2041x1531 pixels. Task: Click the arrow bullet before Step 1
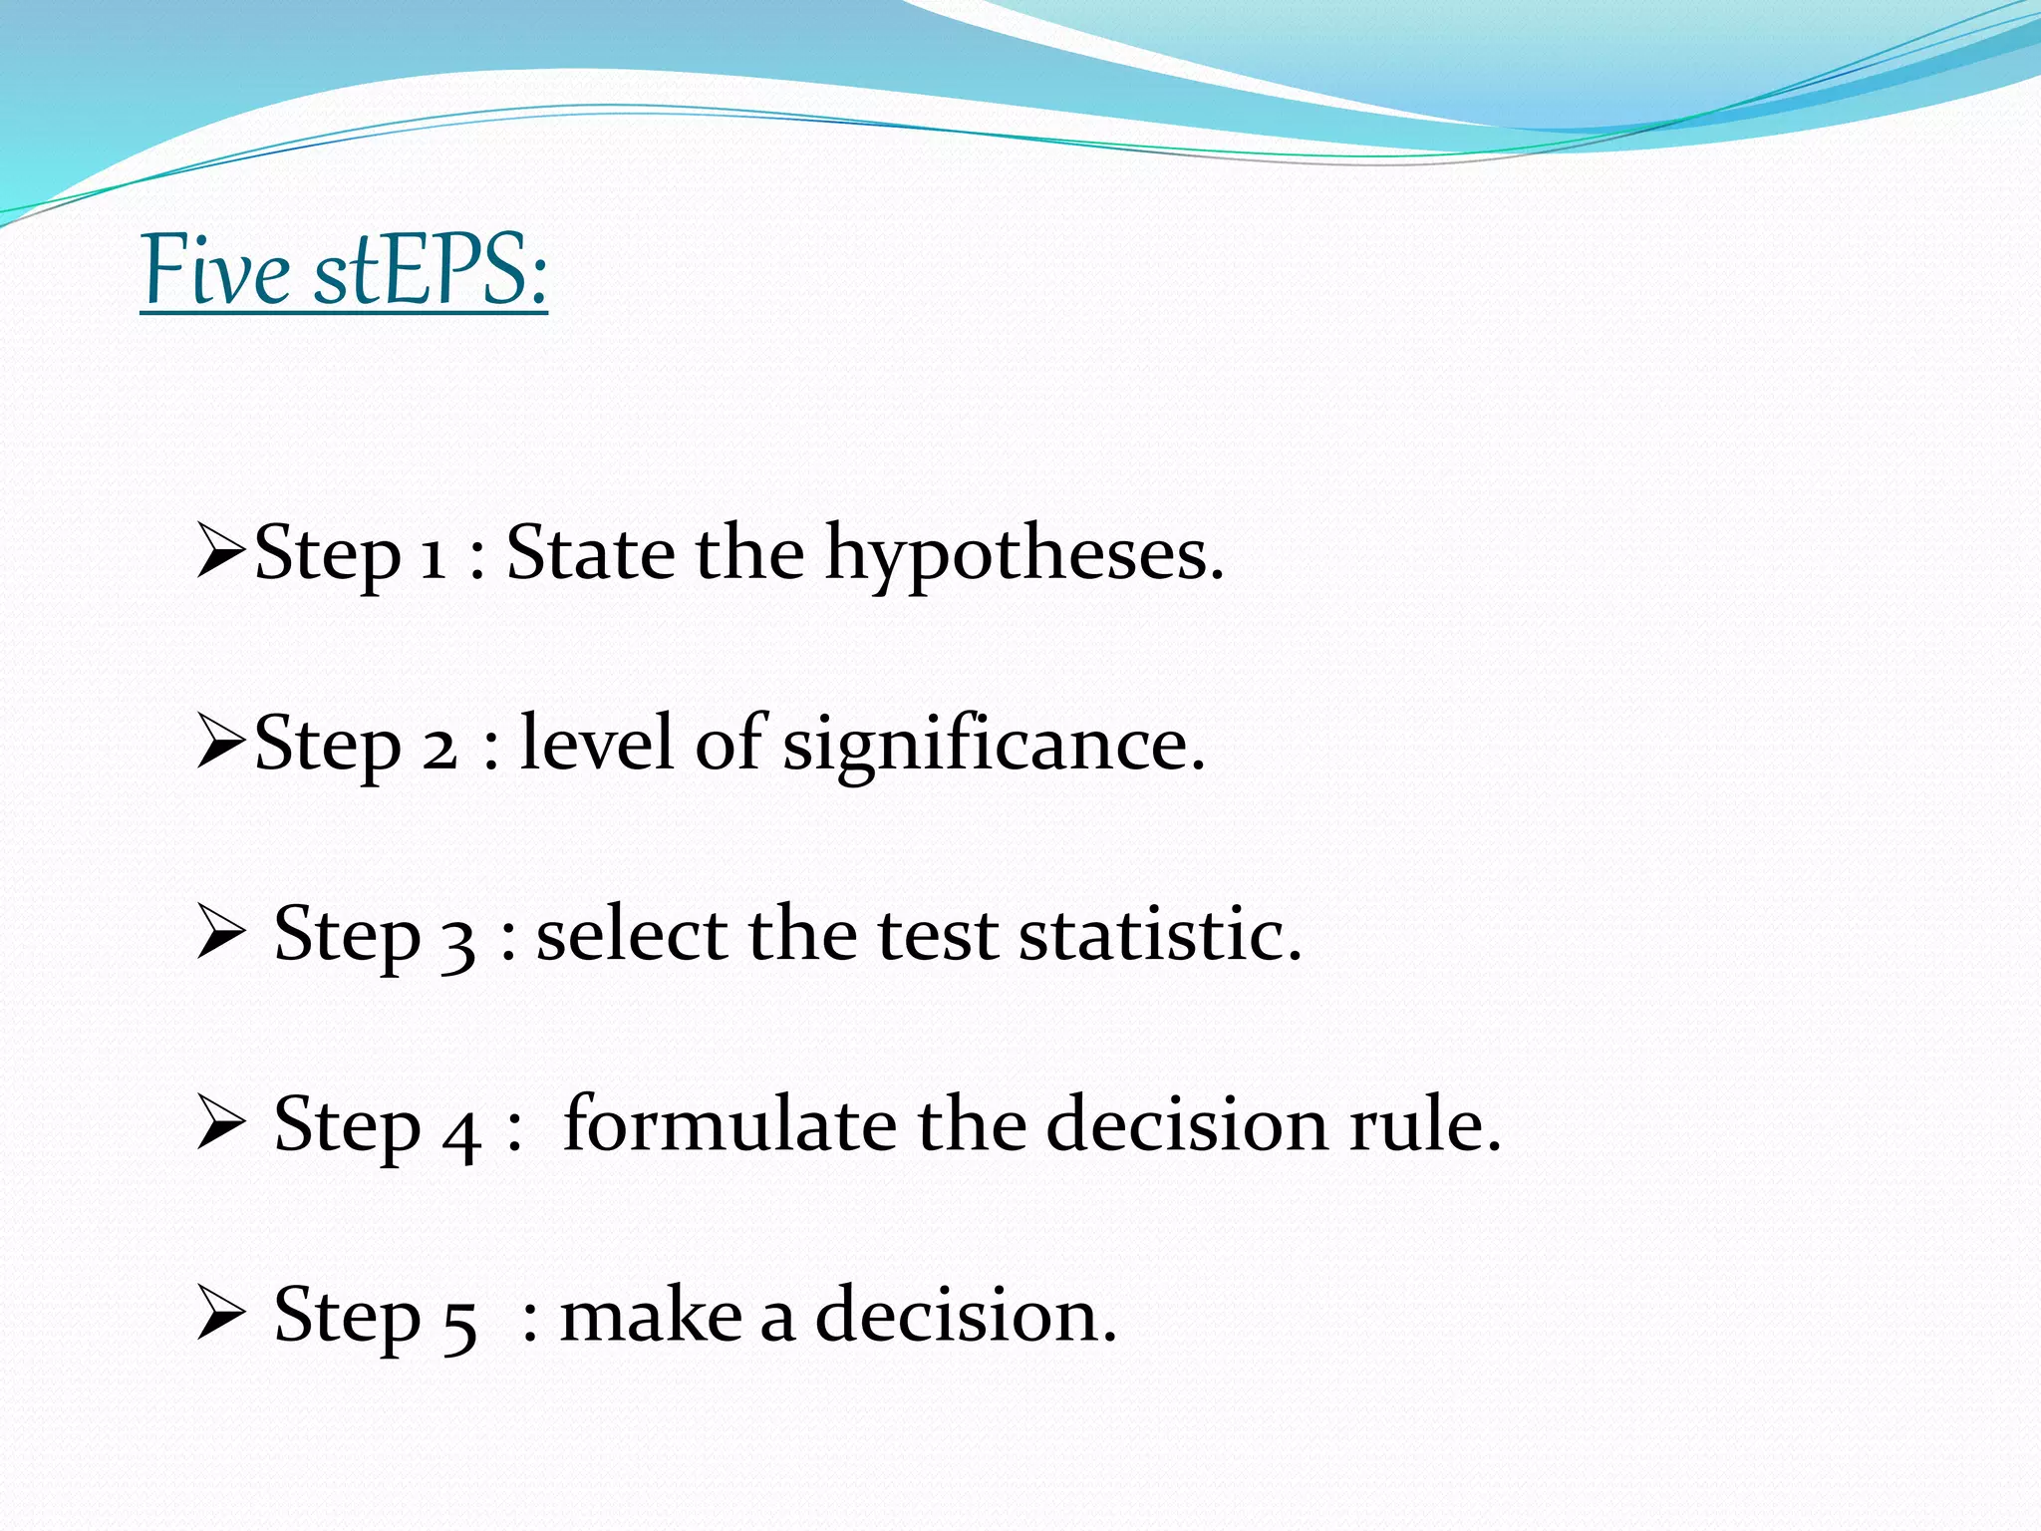220,552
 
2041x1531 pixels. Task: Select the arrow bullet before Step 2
220,743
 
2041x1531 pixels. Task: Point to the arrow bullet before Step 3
220,933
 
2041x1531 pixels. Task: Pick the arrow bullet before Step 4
220,1123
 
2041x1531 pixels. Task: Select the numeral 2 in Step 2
439,747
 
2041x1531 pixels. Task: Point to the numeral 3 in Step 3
457,941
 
